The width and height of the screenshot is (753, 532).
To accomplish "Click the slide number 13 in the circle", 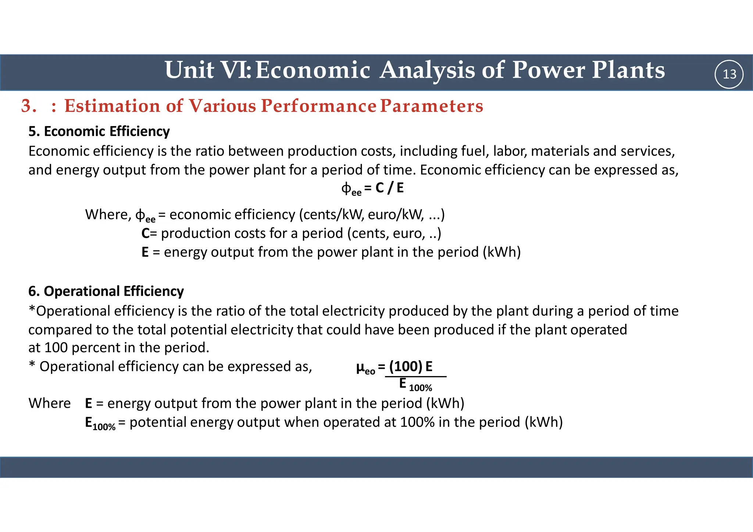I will pos(729,74).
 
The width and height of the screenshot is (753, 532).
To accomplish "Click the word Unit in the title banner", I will pos(189,70).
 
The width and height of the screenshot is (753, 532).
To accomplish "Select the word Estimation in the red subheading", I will pos(112,106).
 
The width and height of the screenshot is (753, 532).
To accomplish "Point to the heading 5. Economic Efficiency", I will pos(99,131).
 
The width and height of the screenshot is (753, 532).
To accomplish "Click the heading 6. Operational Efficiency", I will pos(106,291).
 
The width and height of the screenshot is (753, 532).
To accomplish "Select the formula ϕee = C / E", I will pos(372,188).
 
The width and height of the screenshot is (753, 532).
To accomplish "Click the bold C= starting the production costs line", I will pos(149,233).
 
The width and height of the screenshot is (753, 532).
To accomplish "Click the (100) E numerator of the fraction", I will pos(411,366).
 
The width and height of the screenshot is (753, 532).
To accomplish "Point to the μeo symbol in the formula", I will pos(365,368).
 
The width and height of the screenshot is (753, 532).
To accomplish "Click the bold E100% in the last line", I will pos(100,423).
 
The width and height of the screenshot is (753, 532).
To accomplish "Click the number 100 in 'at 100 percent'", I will pos(56,347).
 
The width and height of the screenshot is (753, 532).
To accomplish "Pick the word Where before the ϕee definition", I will pos(107,214).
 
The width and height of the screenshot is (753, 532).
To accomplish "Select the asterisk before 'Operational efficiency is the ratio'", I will pos(32,310).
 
